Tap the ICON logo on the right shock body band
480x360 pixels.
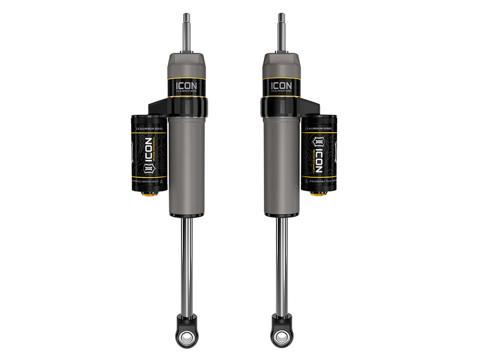tap(281, 85)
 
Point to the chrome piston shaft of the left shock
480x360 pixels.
tap(187, 266)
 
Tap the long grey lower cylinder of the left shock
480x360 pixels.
tap(187, 163)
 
